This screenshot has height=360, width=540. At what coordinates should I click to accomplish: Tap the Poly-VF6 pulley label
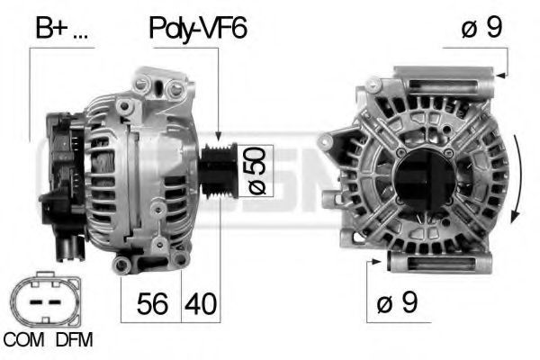click(x=198, y=29)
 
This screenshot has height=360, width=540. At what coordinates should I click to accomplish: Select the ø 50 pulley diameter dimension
click(x=256, y=171)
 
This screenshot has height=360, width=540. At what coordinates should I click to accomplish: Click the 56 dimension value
click(x=152, y=304)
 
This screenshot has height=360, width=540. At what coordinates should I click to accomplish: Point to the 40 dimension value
click(x=201, y=304)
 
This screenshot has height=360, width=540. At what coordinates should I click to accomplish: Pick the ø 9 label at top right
click(x=481, y=27)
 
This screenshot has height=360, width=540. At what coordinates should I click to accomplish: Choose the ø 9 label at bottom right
click(x=397, y=302)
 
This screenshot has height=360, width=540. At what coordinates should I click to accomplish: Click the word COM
click(x=23, y=340)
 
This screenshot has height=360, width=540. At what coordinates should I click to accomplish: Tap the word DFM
click(x=75, y=340)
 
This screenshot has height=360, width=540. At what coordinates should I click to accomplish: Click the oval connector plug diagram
click(x=46, y=300)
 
